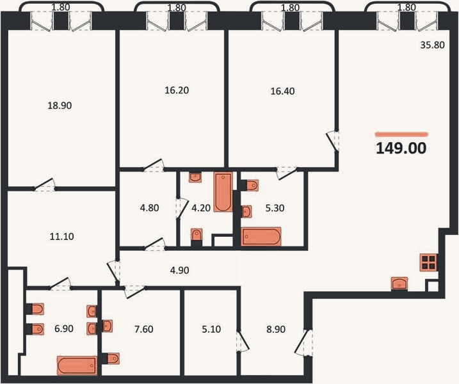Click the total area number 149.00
pyautogui.click(x=401, y=148)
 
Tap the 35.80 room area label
pyautogui.click(x=432, y=45)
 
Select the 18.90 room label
pyautogui.click(x=60, y=106)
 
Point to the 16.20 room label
pyautogui.click(x=177, y=90)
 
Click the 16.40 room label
pyautogui.click(x=282, y=92)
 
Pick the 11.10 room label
pyautogui.click(x=61, y=236)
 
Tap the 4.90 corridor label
pyautogui.click(x=179, y=270)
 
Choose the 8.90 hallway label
pyautogui.click(x=276, y=329)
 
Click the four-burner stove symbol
pyautogui.click(x=428, y=262)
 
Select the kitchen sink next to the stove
pyautogui.click(x=399, y=284)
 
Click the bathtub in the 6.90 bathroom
pyautogui.click(x=77, y=365)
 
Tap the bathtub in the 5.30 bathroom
pyautogui.click(x=261, y=237)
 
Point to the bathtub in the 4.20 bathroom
pyautogui.click(x=223, y=192)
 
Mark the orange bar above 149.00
pyautogui.click(x=401, y=134)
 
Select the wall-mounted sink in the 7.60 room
pyautogui.click(x=108, y=326)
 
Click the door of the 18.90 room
pyautogui.click(x=45, y=185)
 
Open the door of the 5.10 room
pyautogui.click(x=243, y=341)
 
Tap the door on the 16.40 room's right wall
pyautogui.click(x=333, y=141)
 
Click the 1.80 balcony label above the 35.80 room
pyautogui.click(x=407, y=7)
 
